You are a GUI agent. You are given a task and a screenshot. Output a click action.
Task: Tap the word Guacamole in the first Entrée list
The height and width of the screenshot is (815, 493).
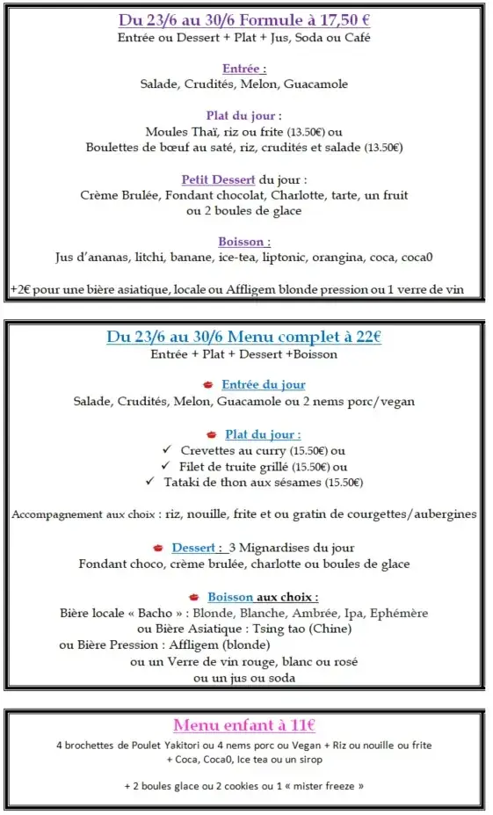coord(317,84)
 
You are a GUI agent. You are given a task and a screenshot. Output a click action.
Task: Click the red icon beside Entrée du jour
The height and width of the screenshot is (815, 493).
coord(207,385)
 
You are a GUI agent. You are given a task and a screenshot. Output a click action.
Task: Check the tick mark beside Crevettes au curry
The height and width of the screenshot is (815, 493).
coord(166,450)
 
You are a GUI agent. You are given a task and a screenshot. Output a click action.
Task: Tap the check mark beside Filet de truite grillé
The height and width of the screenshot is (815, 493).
coord(166,466)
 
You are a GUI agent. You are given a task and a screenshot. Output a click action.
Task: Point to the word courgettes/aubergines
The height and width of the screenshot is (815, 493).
coord(416,514)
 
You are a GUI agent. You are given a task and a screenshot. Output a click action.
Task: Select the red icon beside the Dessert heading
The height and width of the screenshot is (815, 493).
coord(157,547)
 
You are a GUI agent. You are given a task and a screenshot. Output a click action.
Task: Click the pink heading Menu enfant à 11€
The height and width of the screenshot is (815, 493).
coord(244,725)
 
